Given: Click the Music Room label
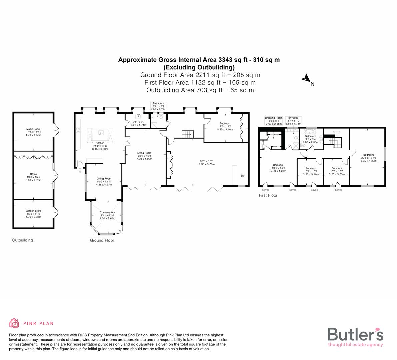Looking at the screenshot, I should pyautogui.click(x=33, y=129).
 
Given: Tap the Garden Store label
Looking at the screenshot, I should pyautogui.click(x=33, y=211).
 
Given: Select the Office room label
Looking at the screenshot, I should pyautogui.click(x=33, y=174).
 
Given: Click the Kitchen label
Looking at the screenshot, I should pyautogui.click(x=100, y=143).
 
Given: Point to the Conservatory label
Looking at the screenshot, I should pyautogui.click(x=107, y=213).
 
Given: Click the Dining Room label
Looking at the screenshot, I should pyautogui.click(x=104, y=179).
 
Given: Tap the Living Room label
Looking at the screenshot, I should pyautogui.click(x=144, y=153).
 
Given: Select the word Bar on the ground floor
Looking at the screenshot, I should pyautogui.click(x=242, y=175).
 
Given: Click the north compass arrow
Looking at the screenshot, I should pyautogui.click(x=306, y=79).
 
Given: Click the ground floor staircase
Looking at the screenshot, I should pyautogui.click(x=188, y=134).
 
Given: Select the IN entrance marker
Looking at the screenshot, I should pyautogui.click(x=80, y=172).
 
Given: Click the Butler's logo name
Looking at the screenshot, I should pyautogui.click(x=355, y=334).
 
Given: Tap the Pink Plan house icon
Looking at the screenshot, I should pyautogui.click(x=14, y=323).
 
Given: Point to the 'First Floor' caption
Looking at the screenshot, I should pyautogui.click(x=268, y=195).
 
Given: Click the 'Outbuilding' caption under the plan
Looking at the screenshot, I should pyautogui.click(x=22, y=240).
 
